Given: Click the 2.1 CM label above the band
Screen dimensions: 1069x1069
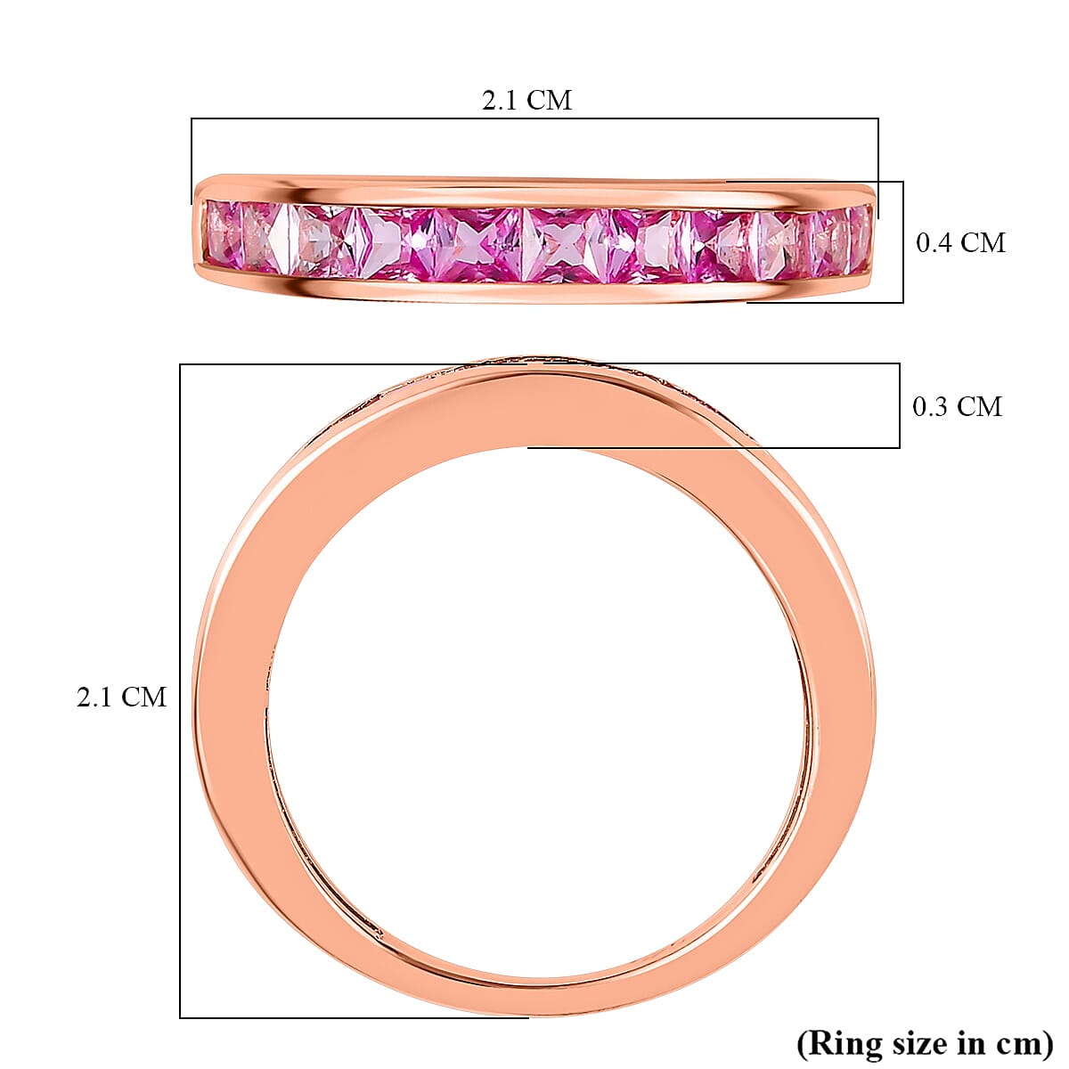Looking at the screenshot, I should [526, 100].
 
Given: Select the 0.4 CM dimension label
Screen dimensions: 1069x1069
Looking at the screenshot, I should [960, 242].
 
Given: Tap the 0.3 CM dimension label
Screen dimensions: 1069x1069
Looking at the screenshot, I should [957, 406].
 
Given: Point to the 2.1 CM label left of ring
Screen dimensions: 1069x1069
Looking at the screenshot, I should [121, 697].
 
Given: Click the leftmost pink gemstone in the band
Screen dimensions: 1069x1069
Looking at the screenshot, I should [220, 233].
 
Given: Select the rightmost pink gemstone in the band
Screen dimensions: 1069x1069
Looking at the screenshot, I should [860, 233].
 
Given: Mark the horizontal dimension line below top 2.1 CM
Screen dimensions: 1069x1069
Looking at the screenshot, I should [534, 118].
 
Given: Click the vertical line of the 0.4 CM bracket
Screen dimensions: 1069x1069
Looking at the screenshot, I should [903, 242].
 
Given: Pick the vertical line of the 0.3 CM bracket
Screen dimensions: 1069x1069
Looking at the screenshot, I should [899, 405].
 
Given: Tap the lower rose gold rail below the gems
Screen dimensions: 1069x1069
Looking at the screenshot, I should [534, 291].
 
